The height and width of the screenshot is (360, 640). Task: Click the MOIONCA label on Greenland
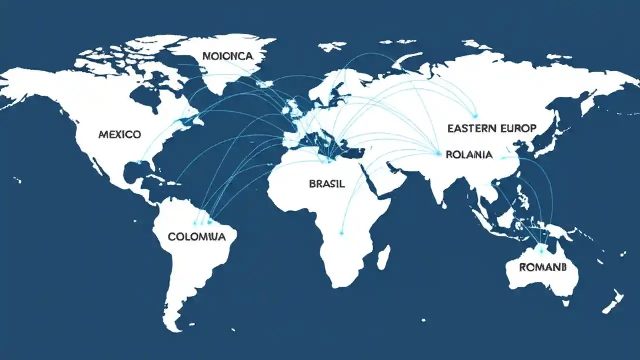point(228,56)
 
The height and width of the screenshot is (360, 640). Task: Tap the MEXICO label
point(120,134)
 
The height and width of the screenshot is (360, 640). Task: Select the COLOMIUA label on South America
point(197,236)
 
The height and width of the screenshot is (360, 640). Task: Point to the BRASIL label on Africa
point(327,183)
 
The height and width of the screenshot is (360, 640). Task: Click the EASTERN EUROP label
point(492,128)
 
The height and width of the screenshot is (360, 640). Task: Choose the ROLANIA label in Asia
point(469,155)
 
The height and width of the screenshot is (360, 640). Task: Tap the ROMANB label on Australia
point(543,267)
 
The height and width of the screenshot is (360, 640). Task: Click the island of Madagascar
point(383,257)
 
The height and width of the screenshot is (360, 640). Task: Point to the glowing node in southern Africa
point(342,232)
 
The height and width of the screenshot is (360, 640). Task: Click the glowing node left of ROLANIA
point(438,153)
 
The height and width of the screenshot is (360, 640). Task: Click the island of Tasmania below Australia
point(566,303)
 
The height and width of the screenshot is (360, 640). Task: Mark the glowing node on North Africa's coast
point(329,161)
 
